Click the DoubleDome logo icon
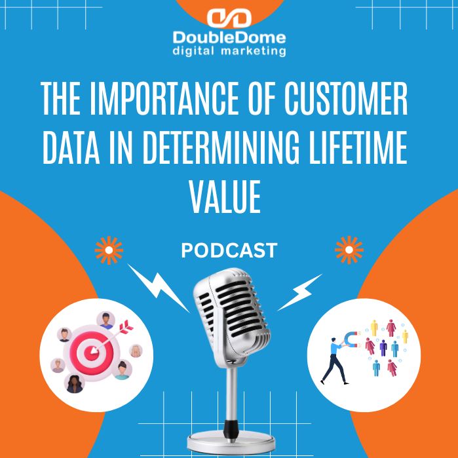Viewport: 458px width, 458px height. click(229, 19)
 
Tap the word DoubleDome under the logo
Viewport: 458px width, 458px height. click(229, 37)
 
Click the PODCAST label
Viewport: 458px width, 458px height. click(229, 250)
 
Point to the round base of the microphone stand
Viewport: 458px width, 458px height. click(229, 442)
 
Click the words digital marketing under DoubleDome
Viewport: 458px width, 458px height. click(229, 50)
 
